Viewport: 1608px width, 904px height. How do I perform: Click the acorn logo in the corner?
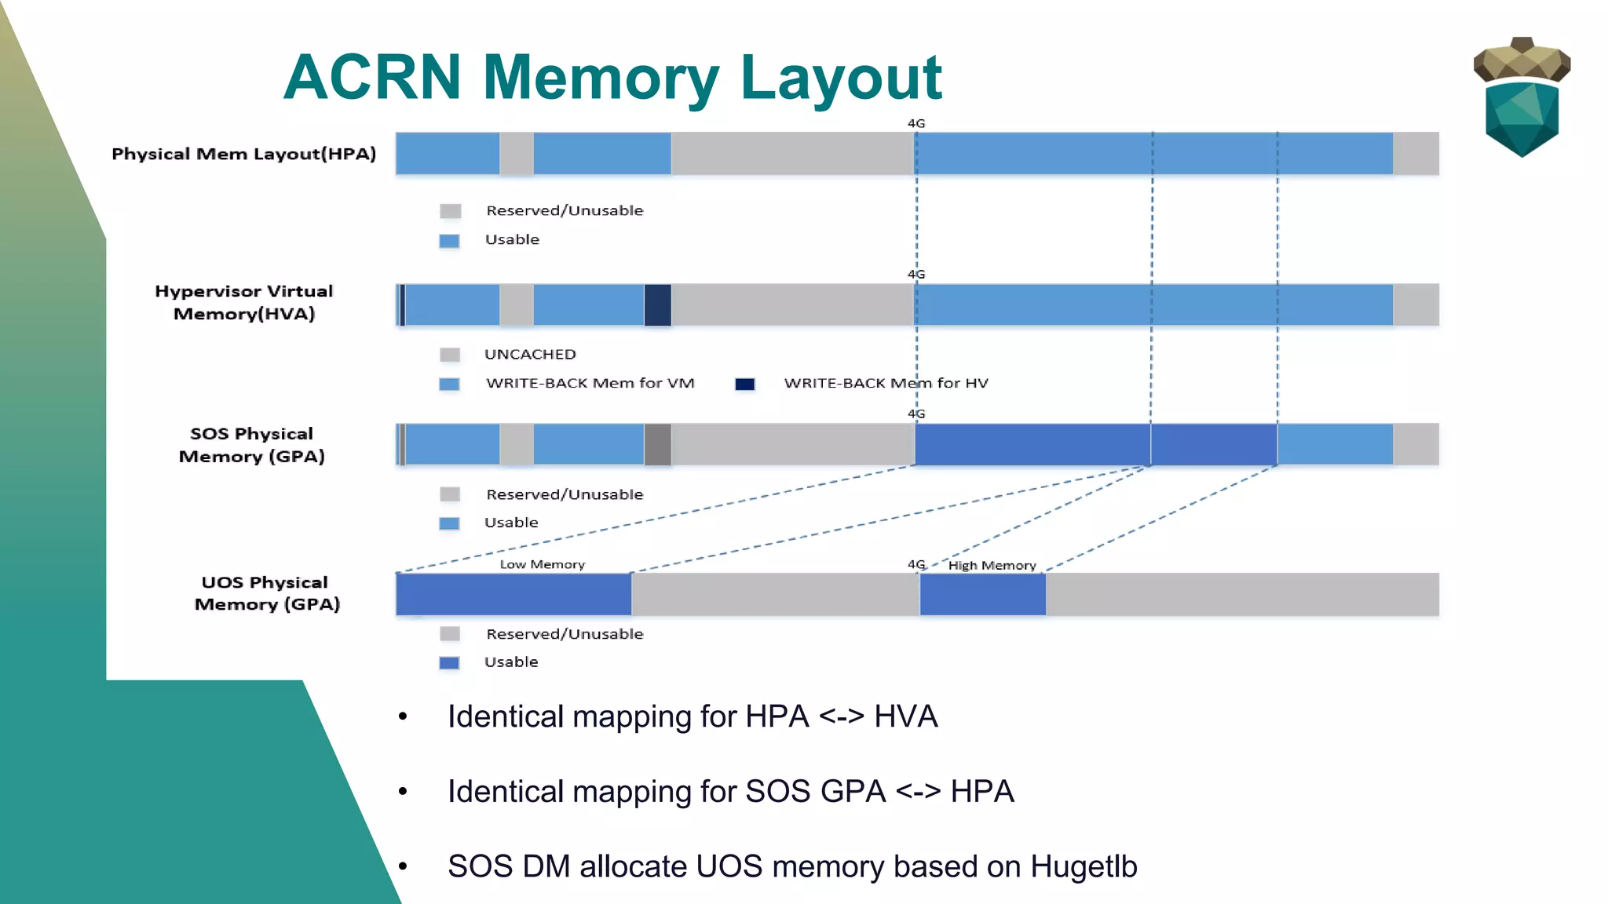[x=1522, y=97]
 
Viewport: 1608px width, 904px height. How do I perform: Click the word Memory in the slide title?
[x=601, y=78]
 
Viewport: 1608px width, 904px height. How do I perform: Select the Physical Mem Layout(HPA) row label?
[x=243, y=154]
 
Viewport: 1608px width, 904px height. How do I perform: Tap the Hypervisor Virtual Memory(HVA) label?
[x=243, y=302]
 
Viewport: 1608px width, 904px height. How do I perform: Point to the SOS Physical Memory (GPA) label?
[x=251, y=445]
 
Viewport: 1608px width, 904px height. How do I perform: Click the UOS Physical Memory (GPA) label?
[x=267, y=593]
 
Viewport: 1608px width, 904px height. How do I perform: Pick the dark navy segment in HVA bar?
[x=658, y=304]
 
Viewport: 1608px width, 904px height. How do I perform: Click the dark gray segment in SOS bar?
[x=658, y=444]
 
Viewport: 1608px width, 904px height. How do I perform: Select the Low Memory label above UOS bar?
[x=542, y=564]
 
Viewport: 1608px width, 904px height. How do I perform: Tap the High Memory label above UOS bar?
[x=992, y=565]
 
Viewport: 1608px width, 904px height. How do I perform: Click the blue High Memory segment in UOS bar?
[x=982, y=594]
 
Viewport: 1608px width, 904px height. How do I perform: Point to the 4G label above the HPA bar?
[x=916, y=123]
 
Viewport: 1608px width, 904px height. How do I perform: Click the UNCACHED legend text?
[x=530, y=354]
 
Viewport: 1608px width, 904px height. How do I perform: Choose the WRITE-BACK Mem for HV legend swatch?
[x=745, y=384]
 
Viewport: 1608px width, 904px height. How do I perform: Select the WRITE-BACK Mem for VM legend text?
[x=590, y=383]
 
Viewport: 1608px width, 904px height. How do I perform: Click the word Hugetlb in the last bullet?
[x=1084, y=866]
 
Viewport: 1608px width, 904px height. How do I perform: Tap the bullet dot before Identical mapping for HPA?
[x=403, y=716]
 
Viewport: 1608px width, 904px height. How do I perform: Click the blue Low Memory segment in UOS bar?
[x=513, y=594]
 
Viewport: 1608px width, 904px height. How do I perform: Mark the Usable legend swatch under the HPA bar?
[x=449, y=241]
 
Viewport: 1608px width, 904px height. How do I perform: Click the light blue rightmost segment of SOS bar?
[x=1335, y=444]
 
